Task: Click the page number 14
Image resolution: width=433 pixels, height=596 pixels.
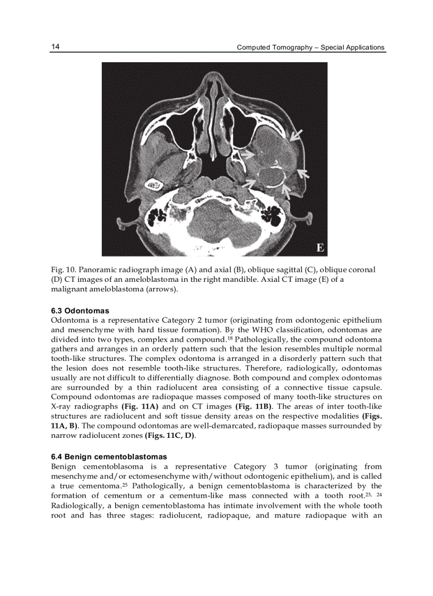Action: (55, 47)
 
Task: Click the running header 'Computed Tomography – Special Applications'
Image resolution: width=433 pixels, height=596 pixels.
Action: (310, 47)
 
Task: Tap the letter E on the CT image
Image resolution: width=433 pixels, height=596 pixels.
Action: (320, 248)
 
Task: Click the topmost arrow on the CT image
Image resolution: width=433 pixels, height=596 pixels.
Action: (297, 135)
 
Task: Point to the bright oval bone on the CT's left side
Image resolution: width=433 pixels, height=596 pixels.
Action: (155, 185)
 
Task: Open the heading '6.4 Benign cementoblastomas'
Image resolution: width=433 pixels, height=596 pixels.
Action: (109, 456)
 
